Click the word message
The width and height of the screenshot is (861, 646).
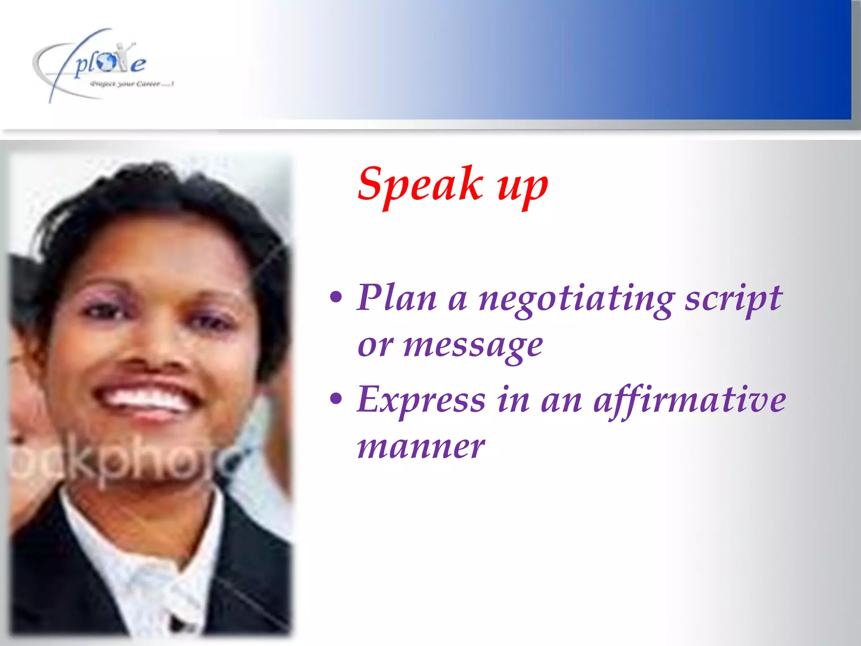click(473, 347)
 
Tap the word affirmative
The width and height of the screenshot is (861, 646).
click(689, 400)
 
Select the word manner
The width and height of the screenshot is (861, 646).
click(421, 447)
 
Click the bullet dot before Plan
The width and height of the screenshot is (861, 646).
click(336, 297)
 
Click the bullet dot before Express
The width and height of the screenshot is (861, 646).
click(336, 398)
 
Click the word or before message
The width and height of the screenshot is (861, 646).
click(375, 347)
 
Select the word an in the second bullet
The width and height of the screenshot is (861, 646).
click(561, 401)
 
